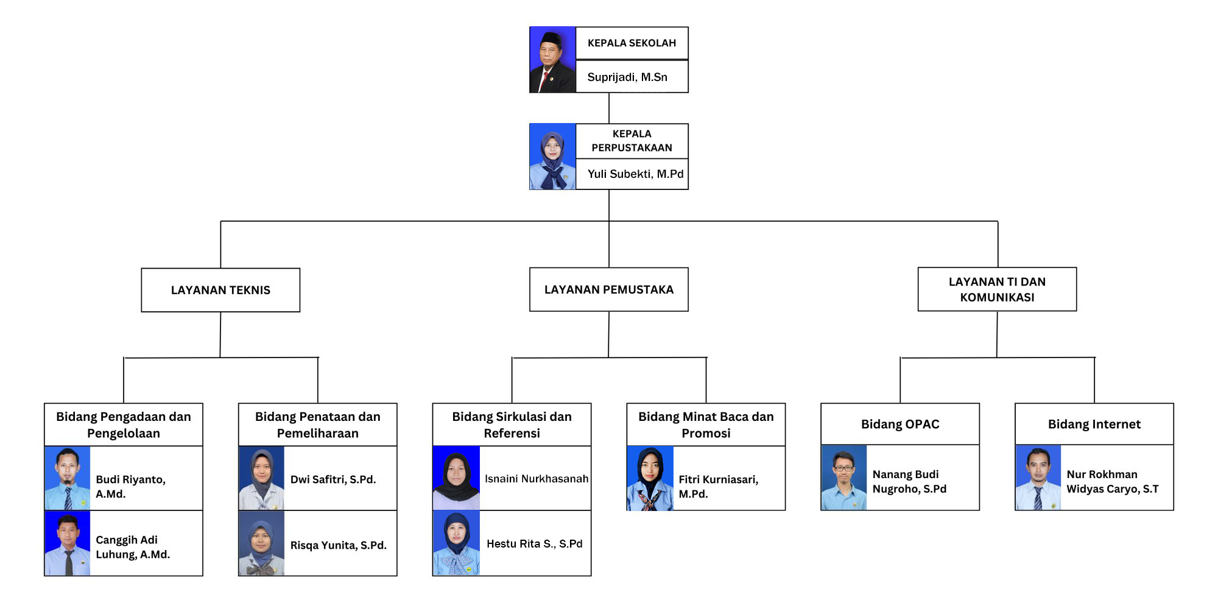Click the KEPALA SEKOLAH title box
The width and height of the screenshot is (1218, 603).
632,43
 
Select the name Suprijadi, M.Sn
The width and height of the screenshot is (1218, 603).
627,77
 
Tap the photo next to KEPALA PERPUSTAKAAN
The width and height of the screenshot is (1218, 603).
552,157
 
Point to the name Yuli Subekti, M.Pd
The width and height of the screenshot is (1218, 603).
635,174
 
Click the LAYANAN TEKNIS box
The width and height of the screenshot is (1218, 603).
220,290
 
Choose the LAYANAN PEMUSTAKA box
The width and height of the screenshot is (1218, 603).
609,289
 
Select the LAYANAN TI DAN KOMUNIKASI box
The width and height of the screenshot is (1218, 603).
997,289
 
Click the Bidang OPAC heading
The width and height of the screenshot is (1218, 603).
900,424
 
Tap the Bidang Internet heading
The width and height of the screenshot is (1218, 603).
1094,424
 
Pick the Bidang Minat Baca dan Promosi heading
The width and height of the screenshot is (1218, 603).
706,425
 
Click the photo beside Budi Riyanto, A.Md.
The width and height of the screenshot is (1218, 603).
68,478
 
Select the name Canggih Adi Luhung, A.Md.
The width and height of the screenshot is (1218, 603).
133,547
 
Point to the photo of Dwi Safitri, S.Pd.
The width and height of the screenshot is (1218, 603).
261,478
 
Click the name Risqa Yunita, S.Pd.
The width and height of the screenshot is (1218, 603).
339,545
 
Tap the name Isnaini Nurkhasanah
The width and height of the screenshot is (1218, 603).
537,479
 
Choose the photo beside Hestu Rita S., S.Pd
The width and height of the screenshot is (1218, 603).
456,543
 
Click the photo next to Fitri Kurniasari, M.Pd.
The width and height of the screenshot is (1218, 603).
650,478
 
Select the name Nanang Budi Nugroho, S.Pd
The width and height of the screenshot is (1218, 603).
909,481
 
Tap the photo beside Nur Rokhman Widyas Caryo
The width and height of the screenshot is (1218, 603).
1038,478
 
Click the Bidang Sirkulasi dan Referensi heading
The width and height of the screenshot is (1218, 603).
512,425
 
